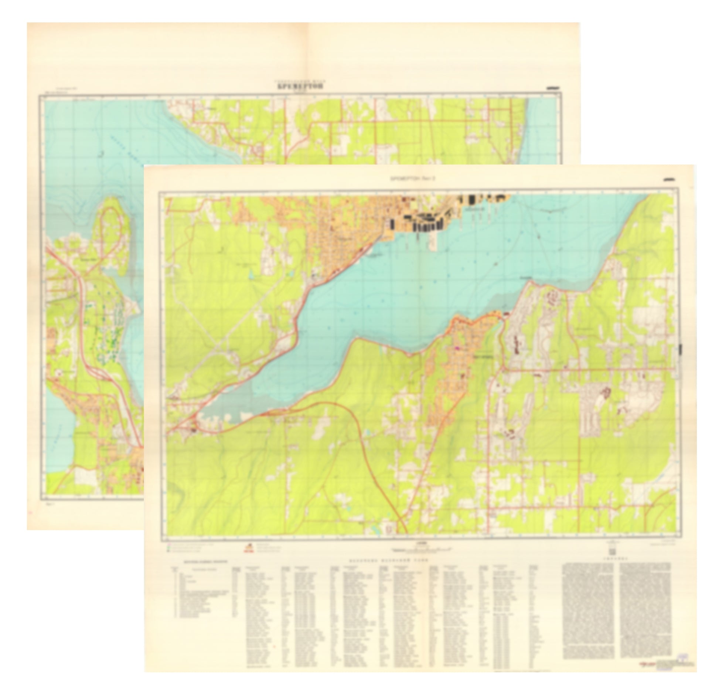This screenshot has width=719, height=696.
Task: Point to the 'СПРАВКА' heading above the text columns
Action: pos(616,559)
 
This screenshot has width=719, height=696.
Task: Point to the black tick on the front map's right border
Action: pos(681,349)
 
